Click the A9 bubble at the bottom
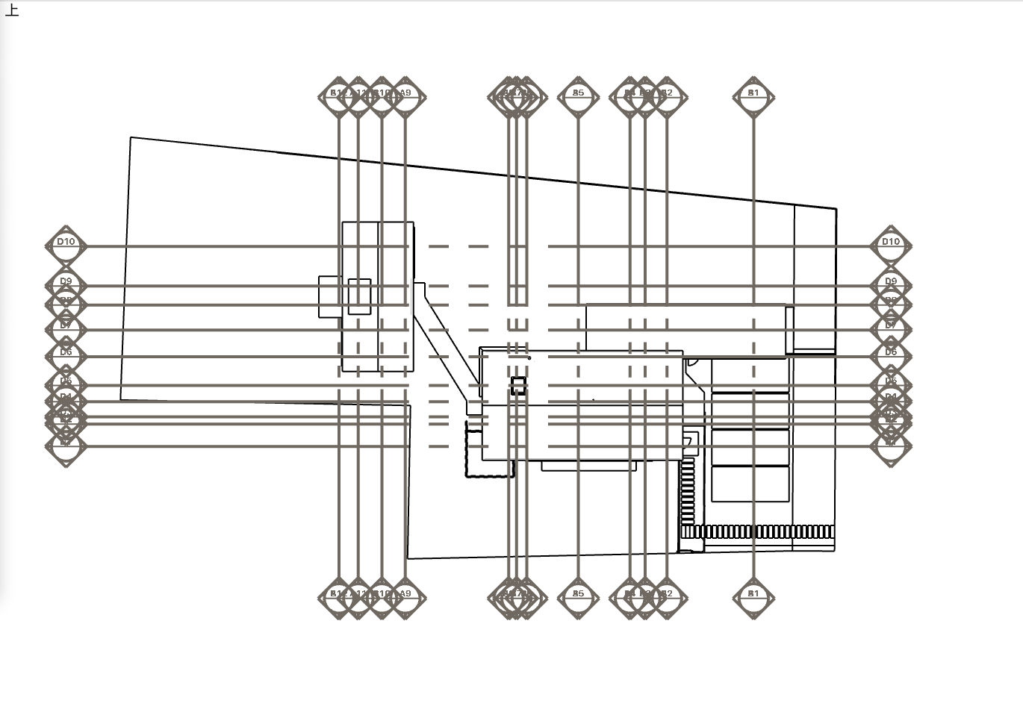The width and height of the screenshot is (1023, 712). pos(405,596)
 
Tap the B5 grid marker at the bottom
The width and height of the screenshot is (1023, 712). pos(578,596)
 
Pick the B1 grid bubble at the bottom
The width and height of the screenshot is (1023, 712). pos(753,596)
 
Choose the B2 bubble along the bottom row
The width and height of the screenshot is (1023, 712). pos(667,596)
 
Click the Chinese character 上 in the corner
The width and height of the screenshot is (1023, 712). pos(11,10)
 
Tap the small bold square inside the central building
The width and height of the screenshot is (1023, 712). pos(518,386)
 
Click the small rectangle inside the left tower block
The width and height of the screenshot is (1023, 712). pos(359,296)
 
